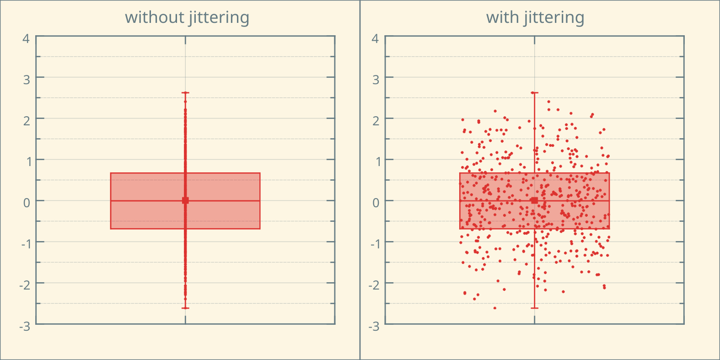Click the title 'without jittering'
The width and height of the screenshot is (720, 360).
pyautogui.click(x=187, y=17)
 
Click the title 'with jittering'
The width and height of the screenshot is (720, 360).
pyautogui.click(x=535, y=17)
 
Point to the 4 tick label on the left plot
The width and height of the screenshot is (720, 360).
pyautogui.click(x=26, y=38)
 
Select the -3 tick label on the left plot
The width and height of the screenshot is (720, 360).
pyautogui.click(x=25, y=326)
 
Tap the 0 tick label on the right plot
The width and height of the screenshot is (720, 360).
pyautogui.click(x=376, y=203)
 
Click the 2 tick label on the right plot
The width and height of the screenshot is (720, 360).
pyautogui.click(x=376, y=121)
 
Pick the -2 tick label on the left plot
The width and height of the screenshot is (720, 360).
pyautogui.click(x=25, y=285)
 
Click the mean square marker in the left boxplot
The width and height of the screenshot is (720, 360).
pyautogui.click(x=185, y=200)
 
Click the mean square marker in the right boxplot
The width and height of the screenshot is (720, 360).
pyautogui.click(x=534, y=200)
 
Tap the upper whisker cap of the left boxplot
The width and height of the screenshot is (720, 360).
pyautogui.click(x=185, y=93)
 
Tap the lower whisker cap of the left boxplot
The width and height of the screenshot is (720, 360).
pyautogui.click(x=185, y=308)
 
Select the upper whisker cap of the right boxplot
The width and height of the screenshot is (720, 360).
pyautogui.click(x=534, y=93)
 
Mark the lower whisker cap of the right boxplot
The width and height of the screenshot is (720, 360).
pyautogui.click(x=534, y=308)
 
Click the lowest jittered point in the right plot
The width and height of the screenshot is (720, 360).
pyautogui.click(x=495, y=308)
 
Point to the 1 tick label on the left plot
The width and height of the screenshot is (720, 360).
pyautogui.click(x=27, y=161)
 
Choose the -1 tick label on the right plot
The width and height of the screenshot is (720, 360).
pyautogui.click(x=374, y=244)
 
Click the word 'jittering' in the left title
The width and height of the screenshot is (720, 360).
pyautogui.click(x=219, y=17)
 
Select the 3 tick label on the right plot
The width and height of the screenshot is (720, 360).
pyautogui.click(x=376, y=80)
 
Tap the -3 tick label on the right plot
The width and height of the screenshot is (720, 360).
pyautogui.click(x=374, y=326)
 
